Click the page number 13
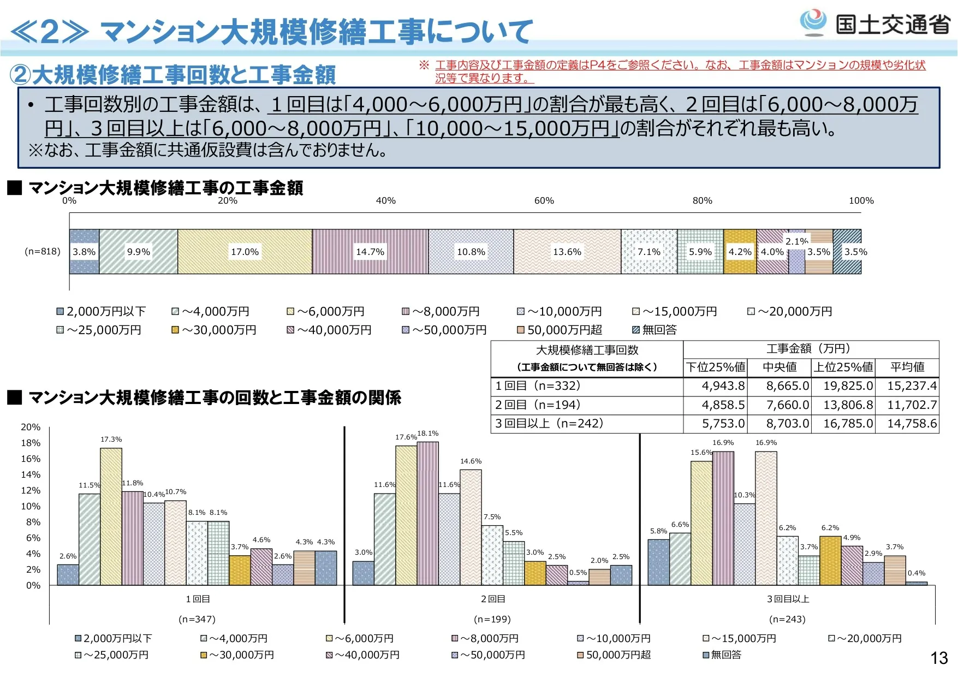tap(939, 658)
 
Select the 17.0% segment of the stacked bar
tap(245, 252)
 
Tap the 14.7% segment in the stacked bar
tap(370, 252)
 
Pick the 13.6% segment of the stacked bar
tap(567, 252)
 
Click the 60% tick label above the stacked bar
tap(544, 201)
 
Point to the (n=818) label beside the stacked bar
tap(43, 252)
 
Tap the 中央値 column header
tap(780, 367)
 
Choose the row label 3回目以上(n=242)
tap(549, 424)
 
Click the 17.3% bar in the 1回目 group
tap(111, 516)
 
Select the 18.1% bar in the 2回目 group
tap(428, 513)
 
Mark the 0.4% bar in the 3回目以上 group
tap(917, 583)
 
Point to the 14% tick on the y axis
tap(31, 474)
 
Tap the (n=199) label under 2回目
tap(492, 619)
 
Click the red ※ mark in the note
tap(424, 66)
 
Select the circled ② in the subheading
tap(20, 75)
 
